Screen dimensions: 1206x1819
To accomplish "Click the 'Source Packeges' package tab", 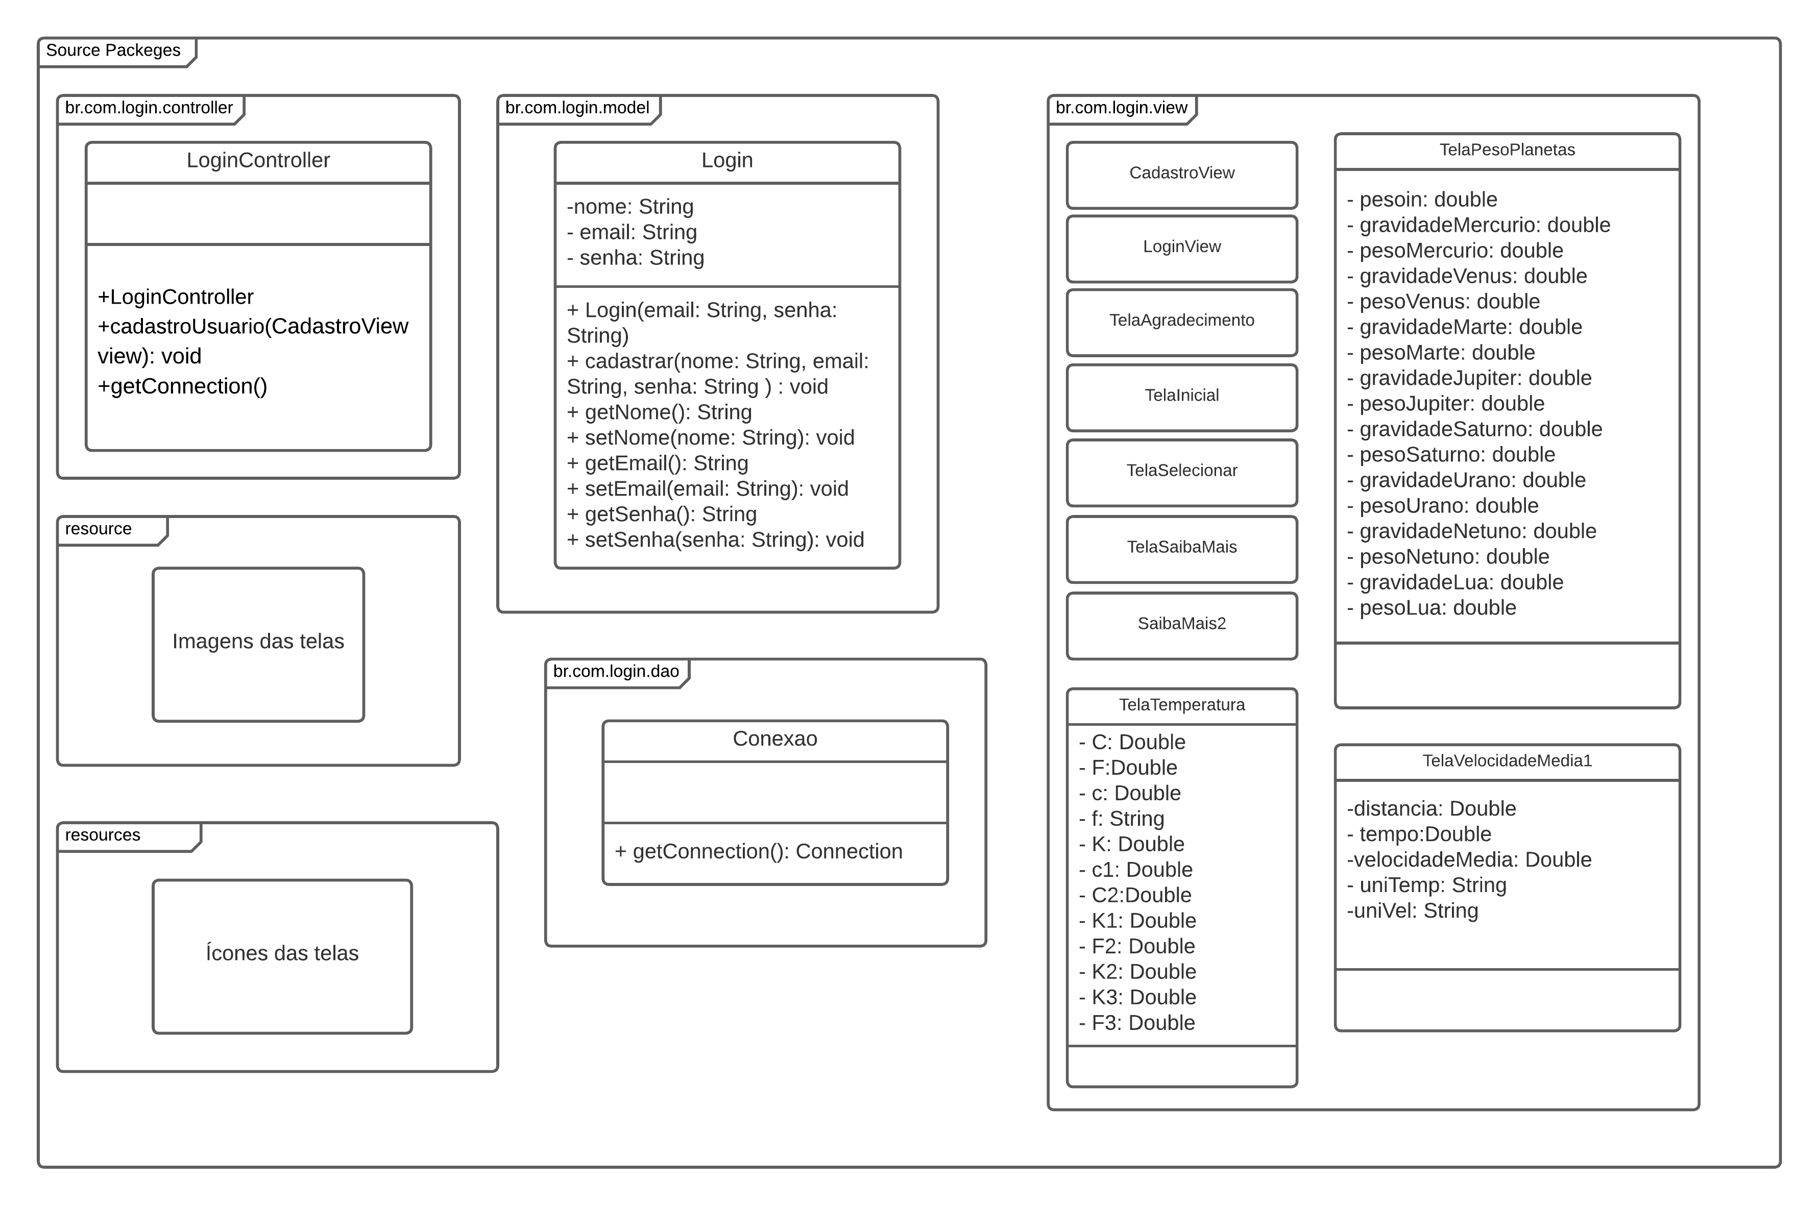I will click(x=113, y=51).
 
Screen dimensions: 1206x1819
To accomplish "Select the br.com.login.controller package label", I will click(x=149, y=108).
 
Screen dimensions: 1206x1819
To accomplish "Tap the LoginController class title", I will click(x=258, y=161).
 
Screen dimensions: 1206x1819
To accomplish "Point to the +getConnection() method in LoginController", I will click(x=182, y=386).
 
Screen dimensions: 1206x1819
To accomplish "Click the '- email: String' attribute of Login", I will click(x=632, y=232).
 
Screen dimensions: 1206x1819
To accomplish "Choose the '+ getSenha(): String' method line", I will click(x=662, y=514).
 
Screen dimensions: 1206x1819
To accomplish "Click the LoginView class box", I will click(x=1181, y=248).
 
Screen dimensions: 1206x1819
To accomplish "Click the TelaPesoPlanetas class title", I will click(x=1507, y=151).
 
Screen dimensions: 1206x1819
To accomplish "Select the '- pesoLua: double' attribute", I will click(x=1432, y=608).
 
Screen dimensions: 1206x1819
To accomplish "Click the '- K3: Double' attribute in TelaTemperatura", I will click(x=1137, y=998).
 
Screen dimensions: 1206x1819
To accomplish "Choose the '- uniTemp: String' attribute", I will click(x=1427, y=885).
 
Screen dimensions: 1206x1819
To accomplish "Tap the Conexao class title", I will click(x=774, y=739).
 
